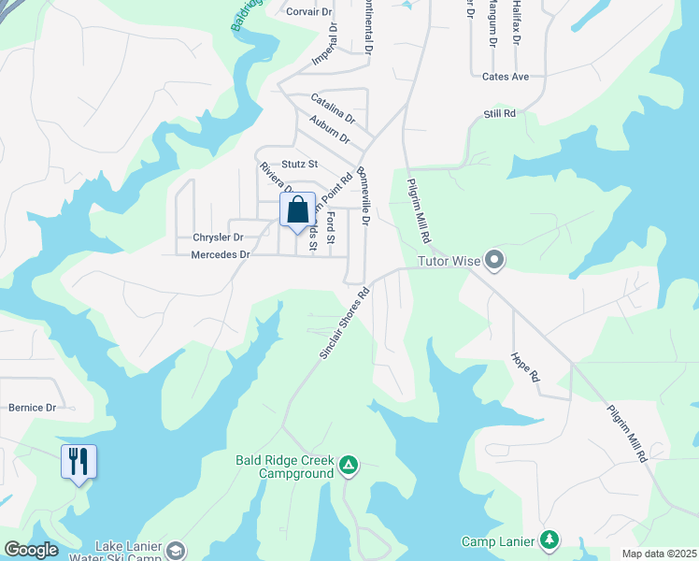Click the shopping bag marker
click(297, 210)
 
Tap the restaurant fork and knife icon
click(78, 462)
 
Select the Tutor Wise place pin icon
click(495, 261)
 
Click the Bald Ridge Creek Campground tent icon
click(348, 464)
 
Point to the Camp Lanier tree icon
click(550, 540)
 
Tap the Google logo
click(31, 550)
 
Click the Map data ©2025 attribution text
click(658, 554)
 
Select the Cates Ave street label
click(506, 77)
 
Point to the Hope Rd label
click(526, 367)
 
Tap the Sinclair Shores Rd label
click(344, 324)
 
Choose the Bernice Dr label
click(33, 408)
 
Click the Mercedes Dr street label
click(221, 254)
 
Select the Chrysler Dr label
click(218, 237)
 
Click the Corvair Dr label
click(309, 12)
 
